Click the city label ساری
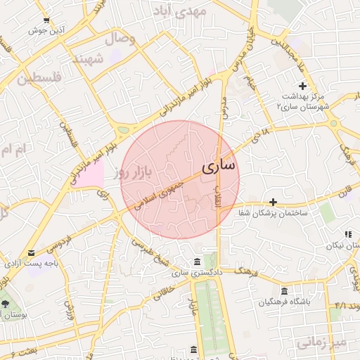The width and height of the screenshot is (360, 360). pos(219,167)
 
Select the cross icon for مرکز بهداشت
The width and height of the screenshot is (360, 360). pos(302,85)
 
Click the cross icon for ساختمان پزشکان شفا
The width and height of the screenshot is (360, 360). pos(274,202)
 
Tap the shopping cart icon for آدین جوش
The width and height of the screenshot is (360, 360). pos(46,20)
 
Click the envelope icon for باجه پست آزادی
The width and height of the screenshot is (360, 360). pos(31,253)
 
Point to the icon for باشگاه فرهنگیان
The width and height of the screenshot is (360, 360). pos(284,292)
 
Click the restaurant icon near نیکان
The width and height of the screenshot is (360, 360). pos(347,234)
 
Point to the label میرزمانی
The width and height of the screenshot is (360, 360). pos(321,342)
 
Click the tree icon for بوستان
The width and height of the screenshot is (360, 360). pos(6,304)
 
